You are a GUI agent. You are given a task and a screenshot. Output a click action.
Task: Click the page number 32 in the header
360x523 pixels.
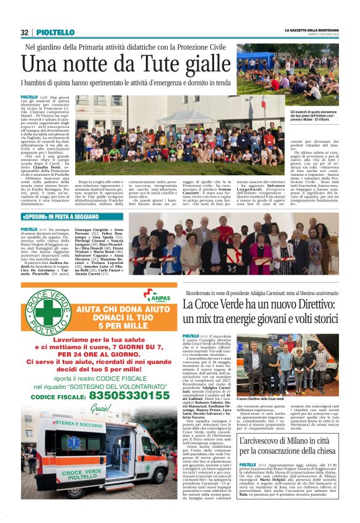coord(25,32)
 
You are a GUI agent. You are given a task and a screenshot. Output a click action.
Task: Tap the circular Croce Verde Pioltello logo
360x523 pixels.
coord(44,313)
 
